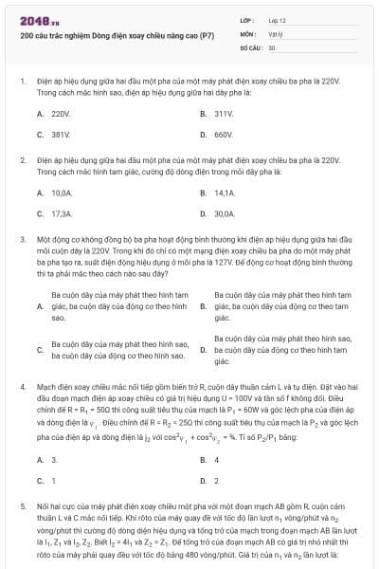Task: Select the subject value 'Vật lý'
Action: coord(273,32)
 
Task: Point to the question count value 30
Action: coord(271,46)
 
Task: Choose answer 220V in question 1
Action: coord(54,113)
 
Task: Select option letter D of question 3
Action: coord(204,350)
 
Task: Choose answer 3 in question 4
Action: coord(53,460)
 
